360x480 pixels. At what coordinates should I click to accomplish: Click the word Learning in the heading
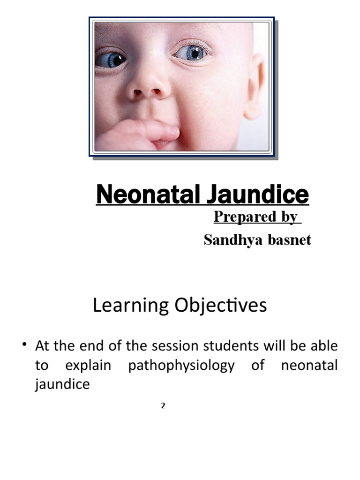(131, 306)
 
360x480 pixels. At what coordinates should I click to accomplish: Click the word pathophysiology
(181, 366)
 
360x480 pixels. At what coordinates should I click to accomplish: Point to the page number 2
(163, 406)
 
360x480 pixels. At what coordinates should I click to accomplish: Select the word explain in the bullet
(88, 366)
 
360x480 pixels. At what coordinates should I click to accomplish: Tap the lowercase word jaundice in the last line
(62, 385)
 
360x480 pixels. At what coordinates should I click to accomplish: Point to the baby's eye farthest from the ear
(111, 60)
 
